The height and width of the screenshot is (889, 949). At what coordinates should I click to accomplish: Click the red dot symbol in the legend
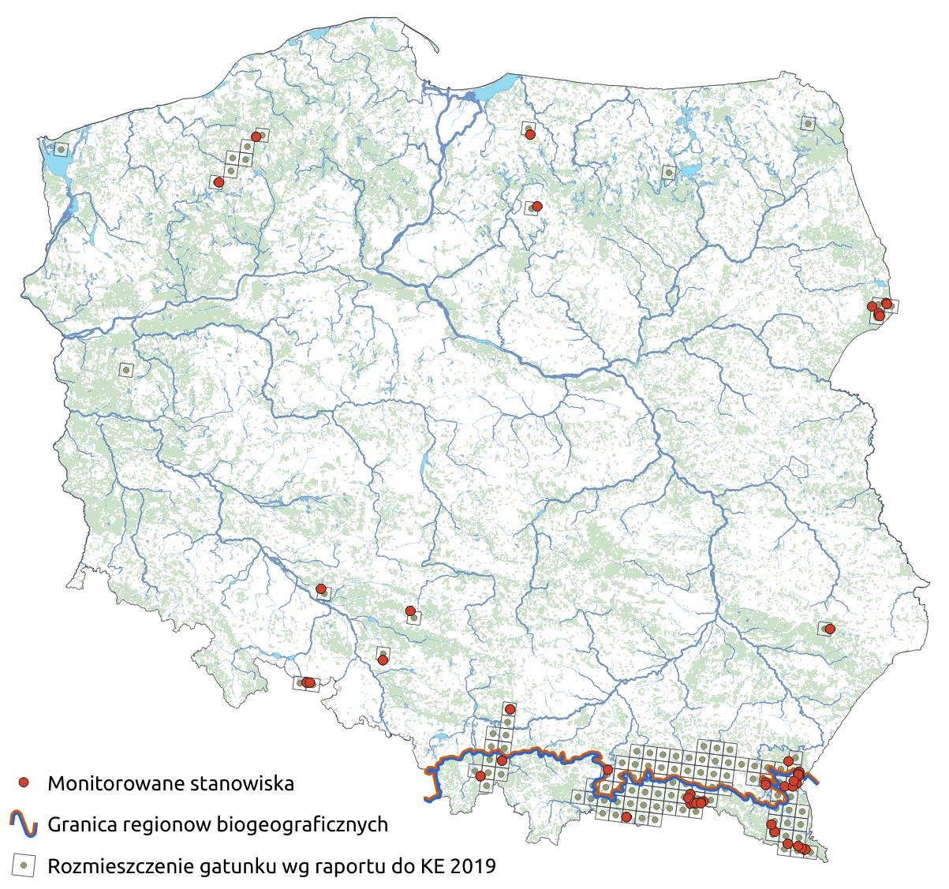[24, 783]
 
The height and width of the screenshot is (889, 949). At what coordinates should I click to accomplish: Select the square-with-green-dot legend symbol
[24, 866]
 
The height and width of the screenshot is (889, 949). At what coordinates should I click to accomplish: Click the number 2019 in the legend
[475, 866]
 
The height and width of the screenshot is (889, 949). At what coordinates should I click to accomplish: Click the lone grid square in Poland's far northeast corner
[808, 123]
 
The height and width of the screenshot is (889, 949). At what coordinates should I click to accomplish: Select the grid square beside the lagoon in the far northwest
[62, 148]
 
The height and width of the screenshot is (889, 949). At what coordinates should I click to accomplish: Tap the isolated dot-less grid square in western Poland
[125, 368]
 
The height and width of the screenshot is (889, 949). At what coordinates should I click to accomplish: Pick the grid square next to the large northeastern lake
[669, 172]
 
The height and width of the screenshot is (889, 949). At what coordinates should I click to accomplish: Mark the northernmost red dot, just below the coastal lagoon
[531, 135]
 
